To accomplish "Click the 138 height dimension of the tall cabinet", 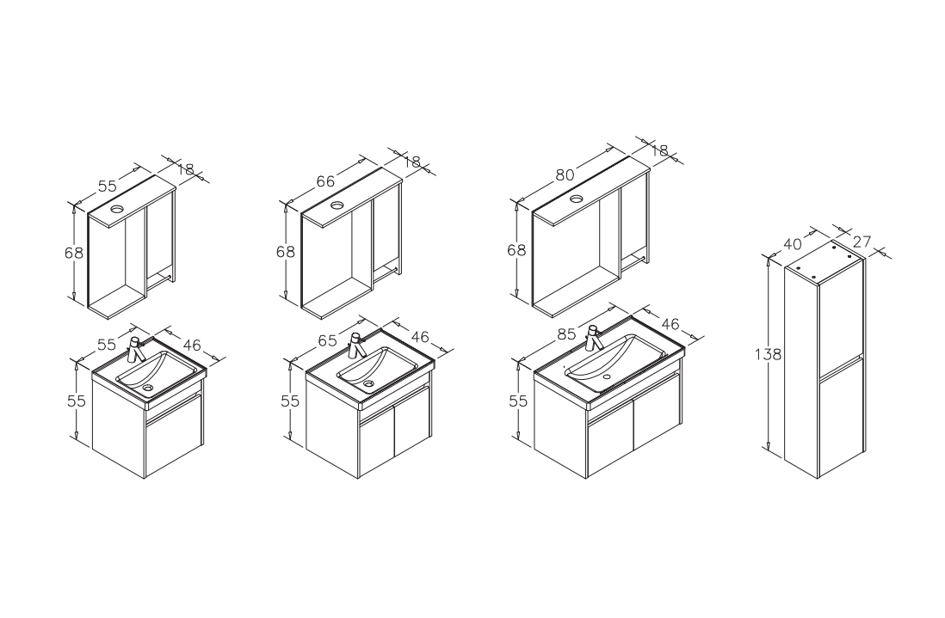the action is point(768,354).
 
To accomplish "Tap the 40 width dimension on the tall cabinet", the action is point(794,244).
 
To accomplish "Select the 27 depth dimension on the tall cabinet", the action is point(862,242).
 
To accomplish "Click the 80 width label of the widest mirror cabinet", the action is point(565,175).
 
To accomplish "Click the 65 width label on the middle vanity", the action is point(327,340).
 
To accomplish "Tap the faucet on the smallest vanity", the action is point(136,349).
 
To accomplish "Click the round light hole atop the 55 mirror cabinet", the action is point(116,210).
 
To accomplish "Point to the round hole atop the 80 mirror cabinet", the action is point(577,199).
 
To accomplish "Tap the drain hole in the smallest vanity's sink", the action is point(148,389).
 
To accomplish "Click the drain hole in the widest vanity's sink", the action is point(606,376).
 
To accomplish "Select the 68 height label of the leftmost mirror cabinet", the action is point(74,253).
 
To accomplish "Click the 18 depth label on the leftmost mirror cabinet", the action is point(186,169).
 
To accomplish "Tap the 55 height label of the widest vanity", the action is point(518,401).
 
